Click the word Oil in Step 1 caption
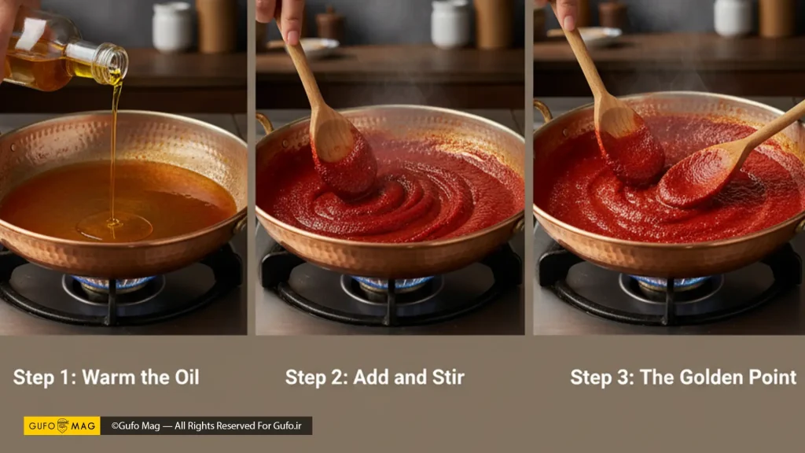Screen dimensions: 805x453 click(x=187, y=377)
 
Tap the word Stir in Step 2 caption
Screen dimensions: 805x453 click(x=448, y=377)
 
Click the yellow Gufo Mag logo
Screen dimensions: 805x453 click(x=62, y=425)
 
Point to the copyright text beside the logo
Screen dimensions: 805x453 click(x=207, y=425)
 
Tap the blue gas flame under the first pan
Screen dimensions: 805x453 click(x=114, y=282)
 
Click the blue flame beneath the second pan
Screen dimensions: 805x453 click(x=393, y=282)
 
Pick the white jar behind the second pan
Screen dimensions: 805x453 click(x=450, y=24)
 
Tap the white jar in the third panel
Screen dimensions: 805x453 click(x=733, y=17)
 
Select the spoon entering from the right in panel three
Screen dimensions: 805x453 click(x=729, y=157)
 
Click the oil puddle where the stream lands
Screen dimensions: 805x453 click(x=114, y=225)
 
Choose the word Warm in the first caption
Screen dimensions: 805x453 click(x=108, y=377)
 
